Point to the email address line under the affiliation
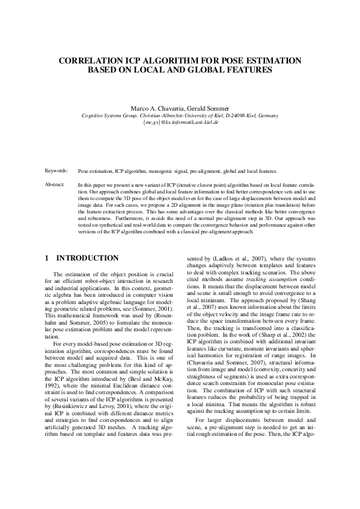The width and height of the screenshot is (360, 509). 180,122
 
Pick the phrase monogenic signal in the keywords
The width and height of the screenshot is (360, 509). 163,172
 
